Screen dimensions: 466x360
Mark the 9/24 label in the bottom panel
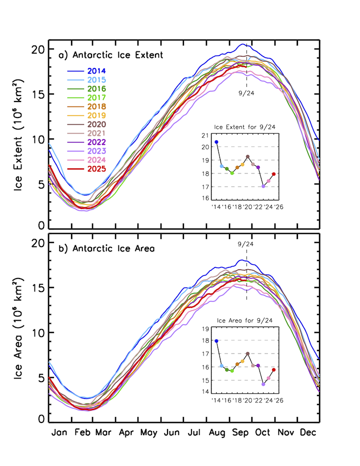[246, 244]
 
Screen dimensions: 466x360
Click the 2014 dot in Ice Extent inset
[216, 142]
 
